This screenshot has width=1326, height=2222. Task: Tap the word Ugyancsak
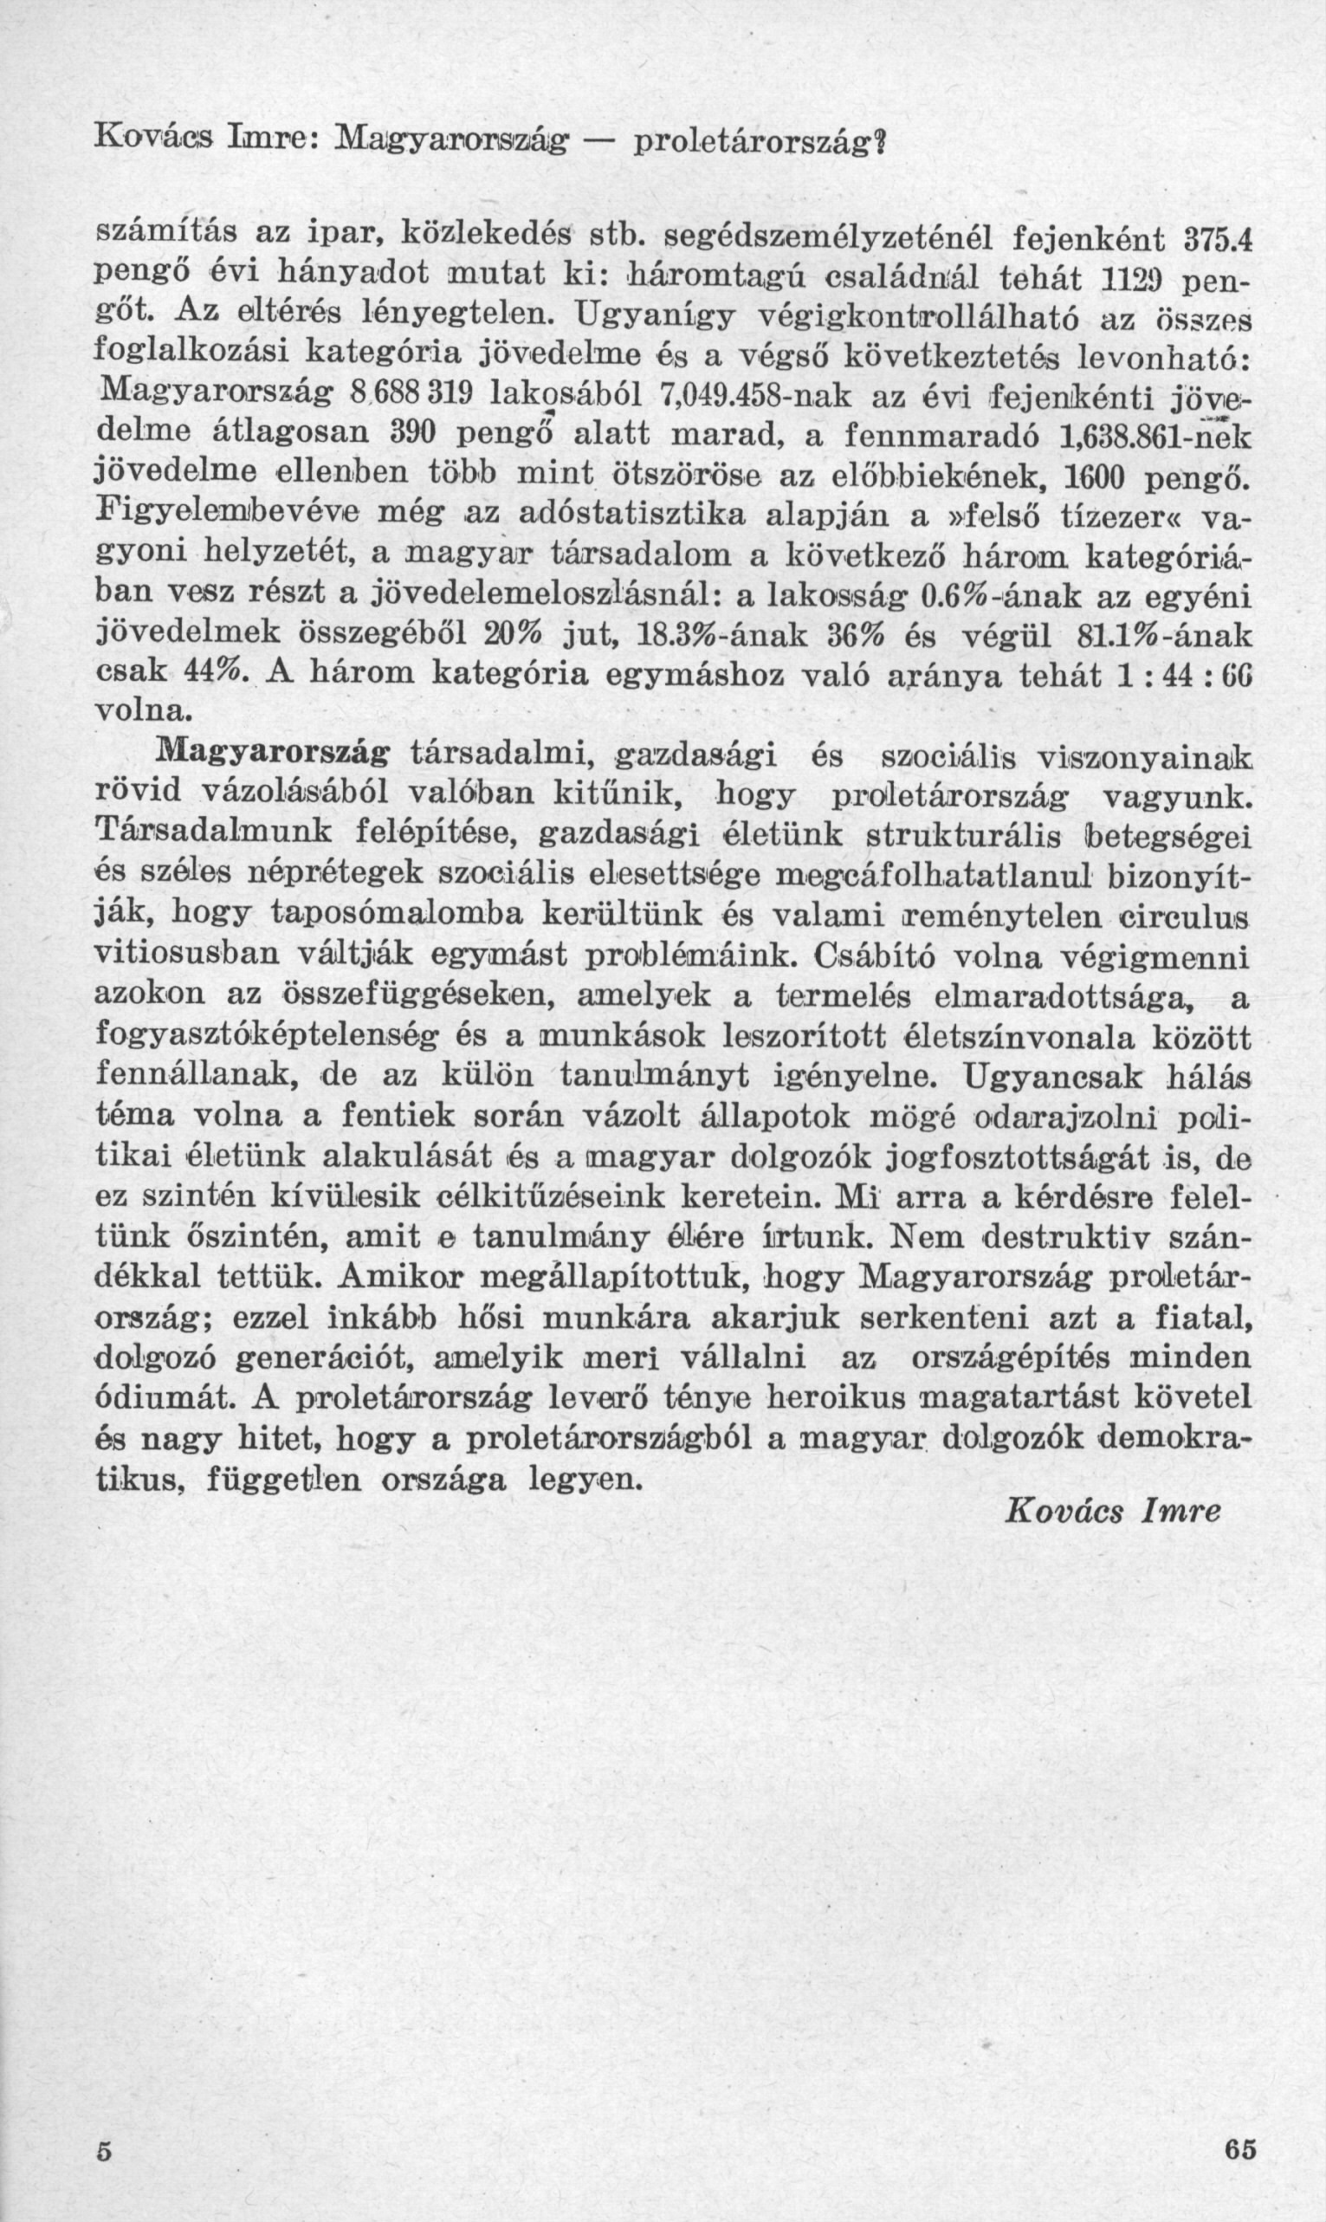(1043, 1079)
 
